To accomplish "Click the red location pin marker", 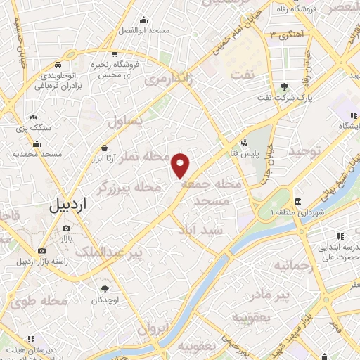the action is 181,165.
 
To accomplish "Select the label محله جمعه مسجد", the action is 212,191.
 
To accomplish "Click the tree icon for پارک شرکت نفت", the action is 284,87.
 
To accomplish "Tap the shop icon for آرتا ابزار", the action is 105,148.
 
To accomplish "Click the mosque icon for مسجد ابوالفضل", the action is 143,20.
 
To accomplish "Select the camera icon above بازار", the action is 66,229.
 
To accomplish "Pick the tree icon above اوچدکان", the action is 105,288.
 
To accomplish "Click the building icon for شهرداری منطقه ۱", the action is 298,200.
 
